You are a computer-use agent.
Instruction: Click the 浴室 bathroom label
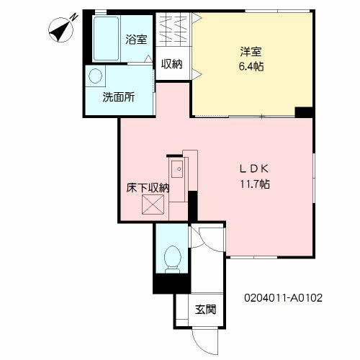click(136, 40)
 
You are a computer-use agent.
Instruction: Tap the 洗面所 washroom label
click(119, 97)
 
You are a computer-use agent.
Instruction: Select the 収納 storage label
click(172, 64)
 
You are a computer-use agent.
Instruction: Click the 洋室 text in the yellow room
click(251, 52)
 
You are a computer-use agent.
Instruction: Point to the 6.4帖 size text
click(251, 66)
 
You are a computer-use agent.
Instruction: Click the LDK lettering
click(254, 169)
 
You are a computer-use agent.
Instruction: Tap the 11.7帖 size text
click(255, 184)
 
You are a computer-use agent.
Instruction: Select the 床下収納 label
click(148, 188)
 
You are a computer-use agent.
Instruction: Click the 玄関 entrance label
click(205, 310)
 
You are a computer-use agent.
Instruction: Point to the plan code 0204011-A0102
click(283, 298)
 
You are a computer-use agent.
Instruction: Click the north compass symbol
click(60, 30)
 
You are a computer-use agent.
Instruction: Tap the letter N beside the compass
click(74, 17)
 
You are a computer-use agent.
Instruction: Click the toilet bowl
click(172, 259)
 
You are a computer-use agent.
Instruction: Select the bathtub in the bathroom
click(106, 38)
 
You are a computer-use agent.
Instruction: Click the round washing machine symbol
click(96, 76)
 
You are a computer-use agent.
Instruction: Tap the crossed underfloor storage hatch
click(153, 204)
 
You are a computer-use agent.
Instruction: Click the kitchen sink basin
click(177, 169)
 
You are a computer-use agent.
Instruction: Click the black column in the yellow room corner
click(304, 112)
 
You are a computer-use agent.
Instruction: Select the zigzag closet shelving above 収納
click(173, 29)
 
